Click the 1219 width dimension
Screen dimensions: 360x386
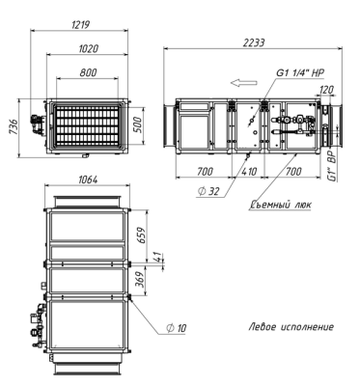[x=80, y=24]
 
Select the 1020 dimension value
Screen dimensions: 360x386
[x=89, y=48]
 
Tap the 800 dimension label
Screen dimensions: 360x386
[x=88, y=72]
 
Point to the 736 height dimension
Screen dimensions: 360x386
[x=14, y=127]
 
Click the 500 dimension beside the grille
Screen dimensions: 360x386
[x=137, y=124]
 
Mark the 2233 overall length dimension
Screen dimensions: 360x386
[x=254, y=42]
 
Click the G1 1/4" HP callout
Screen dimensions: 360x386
[x=300, y=72]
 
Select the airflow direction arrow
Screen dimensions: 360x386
[x=244, y=83]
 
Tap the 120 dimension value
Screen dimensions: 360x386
[x=327, y=90]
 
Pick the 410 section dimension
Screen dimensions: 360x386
[x=249, y=171]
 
